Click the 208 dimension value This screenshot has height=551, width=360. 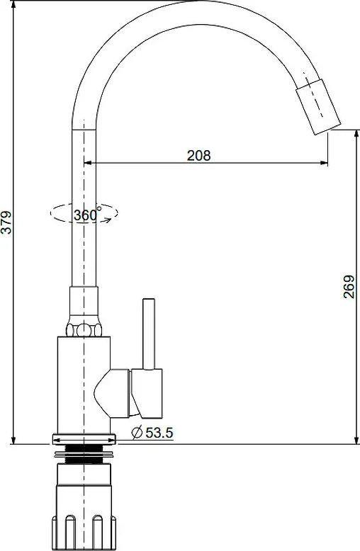tap(198, 155)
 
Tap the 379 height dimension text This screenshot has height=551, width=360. tap(6, 222)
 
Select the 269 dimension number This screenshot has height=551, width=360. tap(349, 287)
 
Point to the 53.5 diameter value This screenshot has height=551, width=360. tap(159, 433)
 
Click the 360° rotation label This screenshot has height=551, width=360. tap(87, 214)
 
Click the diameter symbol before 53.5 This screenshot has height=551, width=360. tap(137, 432)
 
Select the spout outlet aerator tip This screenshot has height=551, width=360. tap(318, 106)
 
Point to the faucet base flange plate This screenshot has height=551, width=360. tap(84, 439)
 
